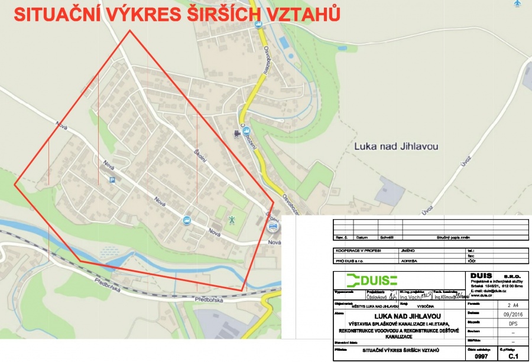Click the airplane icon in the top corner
tap(518, 4)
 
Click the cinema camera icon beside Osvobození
tap(236, 133)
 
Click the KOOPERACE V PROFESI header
tap(359, 250)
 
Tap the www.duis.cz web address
tap(482, 295)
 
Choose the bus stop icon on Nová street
tap(187, 220)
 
